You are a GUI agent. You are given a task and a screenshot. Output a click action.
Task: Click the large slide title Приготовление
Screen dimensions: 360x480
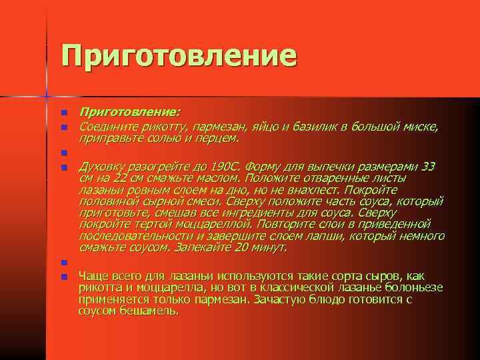(179, 55)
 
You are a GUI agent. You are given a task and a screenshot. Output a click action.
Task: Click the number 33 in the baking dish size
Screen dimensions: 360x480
(429, 166)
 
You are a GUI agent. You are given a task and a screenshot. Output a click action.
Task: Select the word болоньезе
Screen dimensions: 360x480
(415, 287)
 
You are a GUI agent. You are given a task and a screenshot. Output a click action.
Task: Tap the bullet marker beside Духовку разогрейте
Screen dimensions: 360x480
(65, 167)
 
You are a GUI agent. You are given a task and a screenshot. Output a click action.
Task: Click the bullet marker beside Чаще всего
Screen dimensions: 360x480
(65, 277)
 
